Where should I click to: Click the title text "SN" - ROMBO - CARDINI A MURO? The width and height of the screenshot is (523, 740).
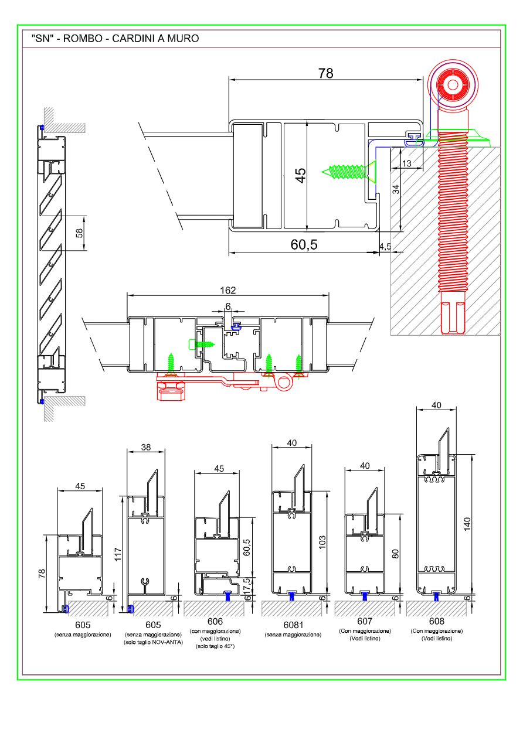tap(115, 39)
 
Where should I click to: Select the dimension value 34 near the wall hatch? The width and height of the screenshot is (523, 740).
tap(396, 189)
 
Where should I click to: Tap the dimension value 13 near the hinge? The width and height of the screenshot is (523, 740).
tap(406, 163)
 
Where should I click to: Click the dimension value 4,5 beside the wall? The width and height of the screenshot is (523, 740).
tap(385, 246)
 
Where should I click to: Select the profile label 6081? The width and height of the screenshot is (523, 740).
tap(293, 625)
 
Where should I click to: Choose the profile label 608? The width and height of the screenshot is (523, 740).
tap(437, 622)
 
